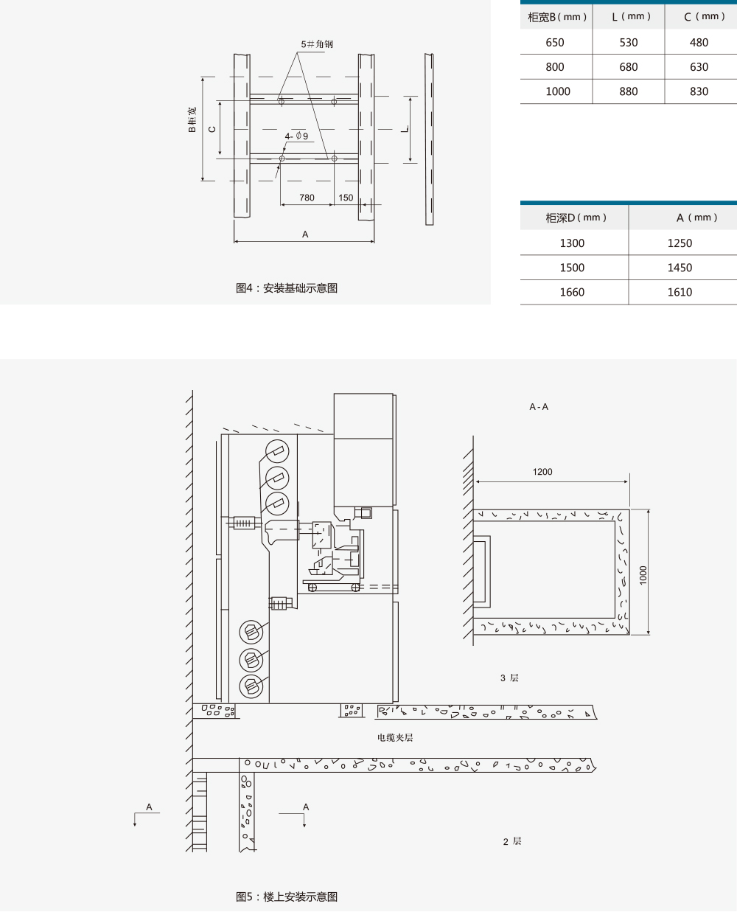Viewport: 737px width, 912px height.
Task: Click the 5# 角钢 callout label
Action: point(317,43)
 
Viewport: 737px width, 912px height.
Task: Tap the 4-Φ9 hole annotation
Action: point(296,136)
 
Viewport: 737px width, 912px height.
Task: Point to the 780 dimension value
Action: point(307,198)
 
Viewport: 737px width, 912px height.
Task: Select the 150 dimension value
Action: point(346,198)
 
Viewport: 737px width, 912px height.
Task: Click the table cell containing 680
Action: point(628,67)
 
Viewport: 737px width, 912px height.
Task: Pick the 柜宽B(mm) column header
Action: point(557,17)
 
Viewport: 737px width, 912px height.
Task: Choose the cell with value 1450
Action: point(680,268)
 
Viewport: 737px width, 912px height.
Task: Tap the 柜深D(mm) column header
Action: point(576,217)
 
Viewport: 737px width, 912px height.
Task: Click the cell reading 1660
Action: point(572,292)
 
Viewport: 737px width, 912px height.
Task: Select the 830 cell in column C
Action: point(699,91)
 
